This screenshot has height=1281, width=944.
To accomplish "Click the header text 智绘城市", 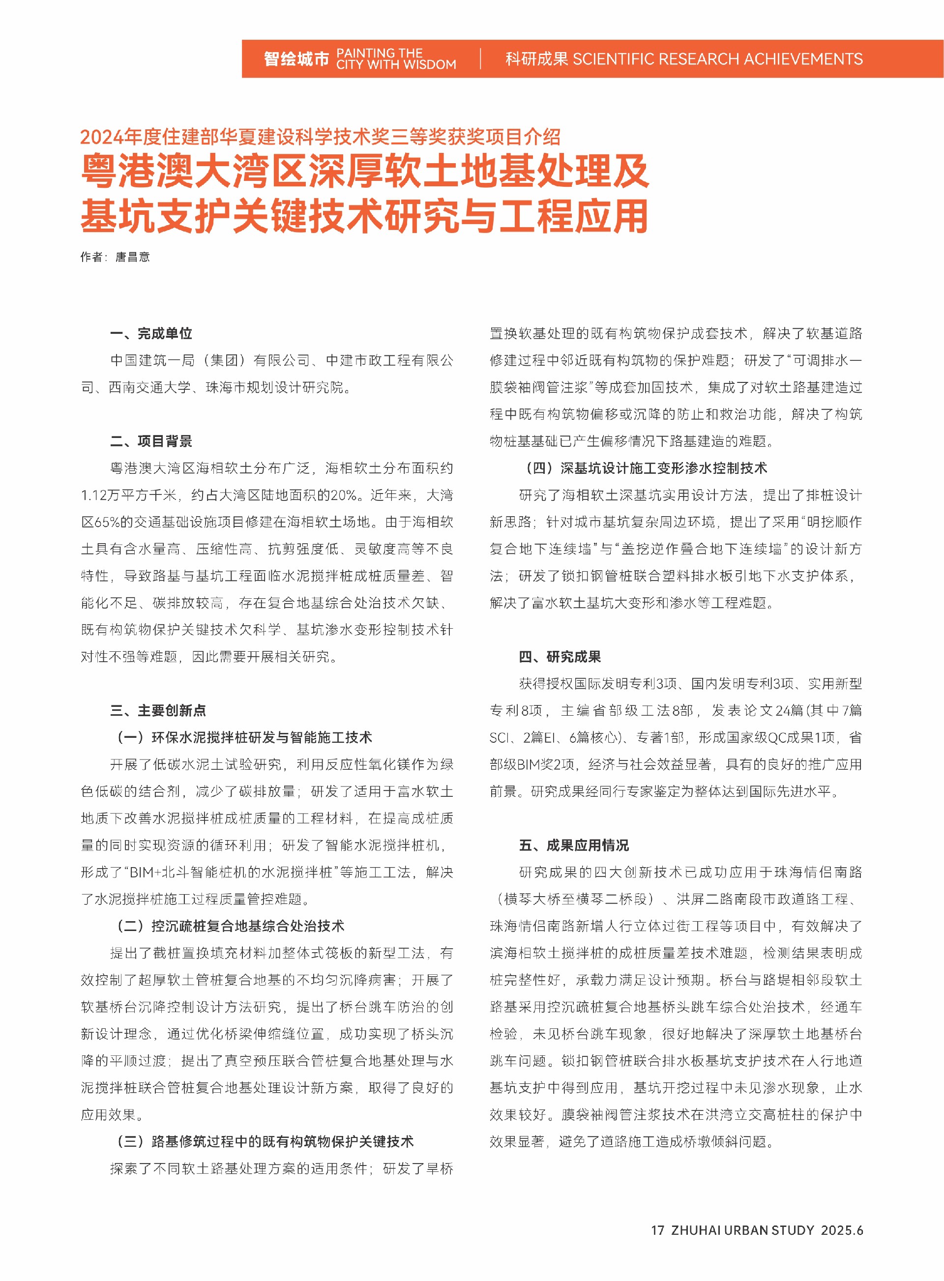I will [x=296, y=58].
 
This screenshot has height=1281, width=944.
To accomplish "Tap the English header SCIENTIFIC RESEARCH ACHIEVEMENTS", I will [x=717, y=58].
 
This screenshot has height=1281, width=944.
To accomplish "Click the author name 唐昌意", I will [x=133, y=257].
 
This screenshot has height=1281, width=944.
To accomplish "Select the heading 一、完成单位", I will [x=151, y=333].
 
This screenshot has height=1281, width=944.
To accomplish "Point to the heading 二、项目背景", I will [x=151, y=441].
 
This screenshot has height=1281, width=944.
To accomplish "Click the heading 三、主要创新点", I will [x=158, y=710].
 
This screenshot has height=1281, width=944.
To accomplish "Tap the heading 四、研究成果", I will [x=560, y=657].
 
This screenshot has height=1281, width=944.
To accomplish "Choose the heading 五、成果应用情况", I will [x=573, y=845].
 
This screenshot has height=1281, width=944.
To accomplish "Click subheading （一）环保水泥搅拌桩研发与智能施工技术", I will [x=244, y=737].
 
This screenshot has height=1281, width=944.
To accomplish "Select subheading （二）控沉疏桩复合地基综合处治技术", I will [x=231, y=926].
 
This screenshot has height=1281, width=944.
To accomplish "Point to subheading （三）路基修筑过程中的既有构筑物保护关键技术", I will [x=265, y=1141].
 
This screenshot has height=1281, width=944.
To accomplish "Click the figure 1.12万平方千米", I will [x=129, y=495].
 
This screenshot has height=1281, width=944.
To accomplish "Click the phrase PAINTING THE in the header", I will [x=380, y=53].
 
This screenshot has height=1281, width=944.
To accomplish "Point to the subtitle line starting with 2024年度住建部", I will [x=320, y=137].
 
